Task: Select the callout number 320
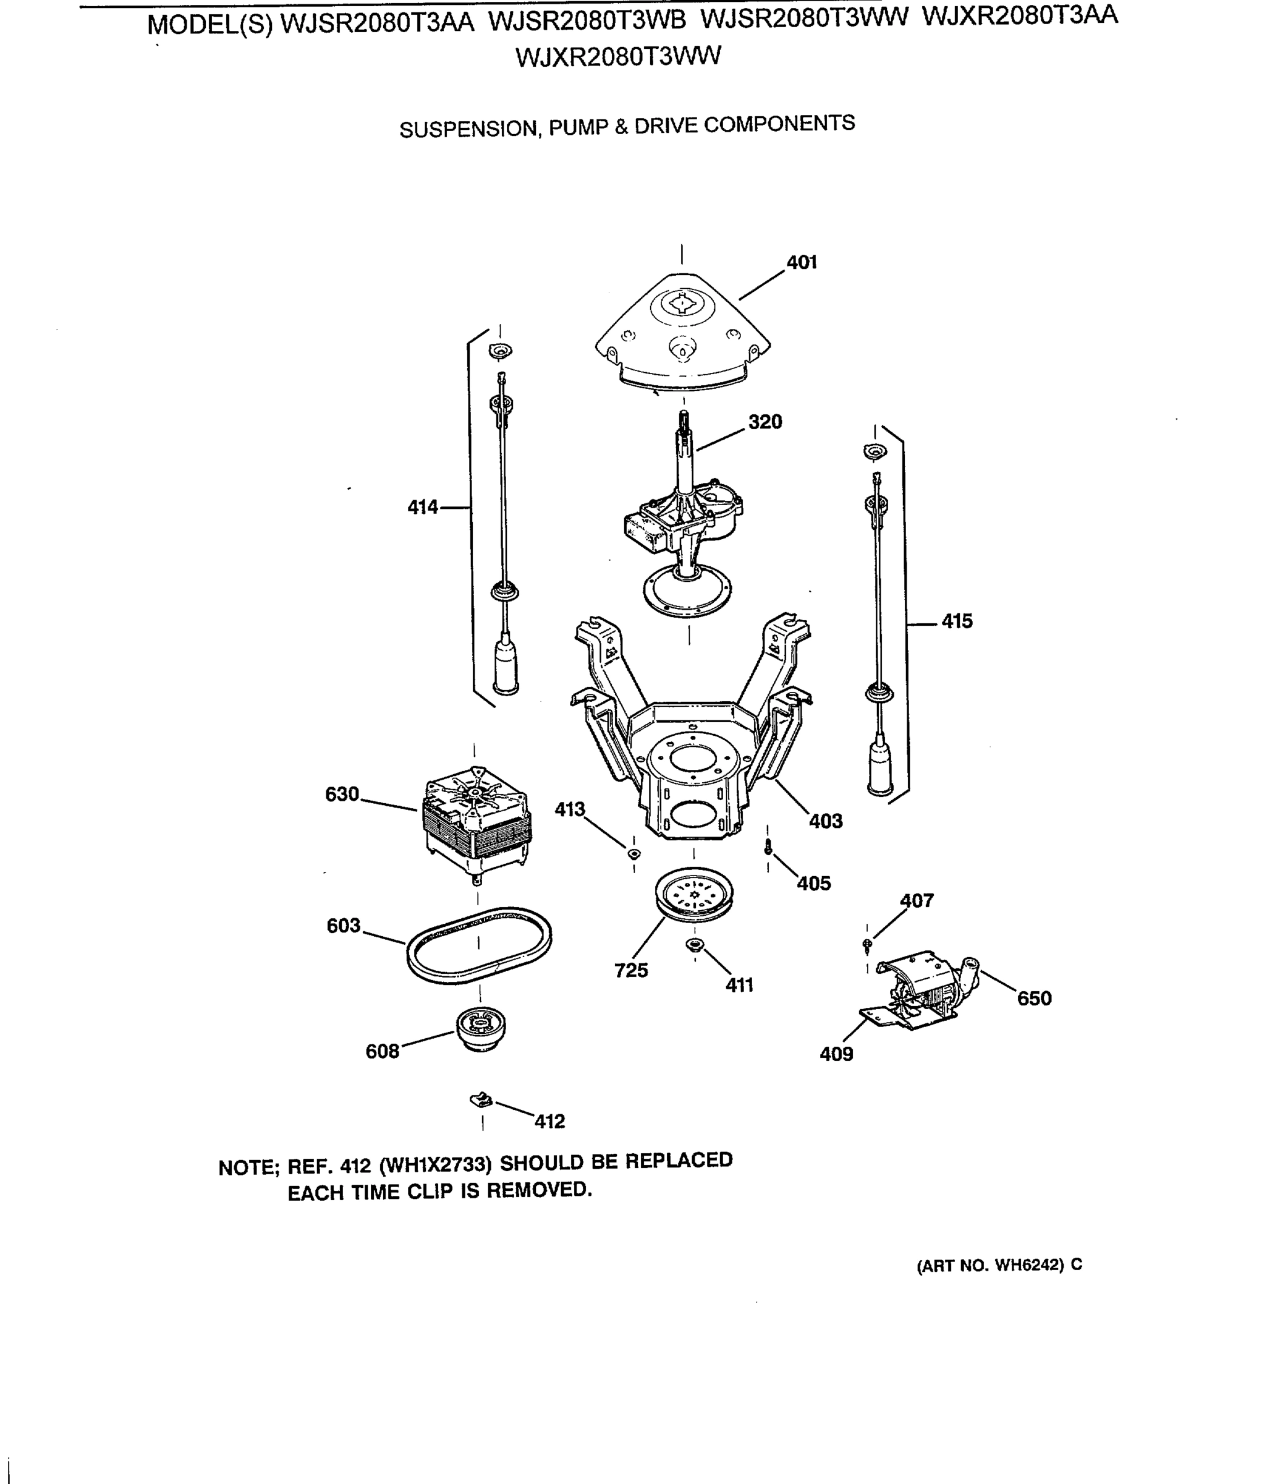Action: [x=765, y=422]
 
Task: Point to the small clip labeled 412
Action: [x=481, y=1099]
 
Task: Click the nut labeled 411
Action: [x=694, y=945]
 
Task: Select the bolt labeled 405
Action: [x=768, y=848]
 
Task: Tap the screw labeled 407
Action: [x=867, y=944]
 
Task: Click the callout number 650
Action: [x=1033, y=999]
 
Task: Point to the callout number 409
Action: [x=836, y=1054]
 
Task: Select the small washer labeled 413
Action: [x=633, y=854]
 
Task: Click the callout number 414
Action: [x=423, y=508]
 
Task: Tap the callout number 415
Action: [x=957, y=621]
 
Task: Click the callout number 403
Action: [x=825, y=821]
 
